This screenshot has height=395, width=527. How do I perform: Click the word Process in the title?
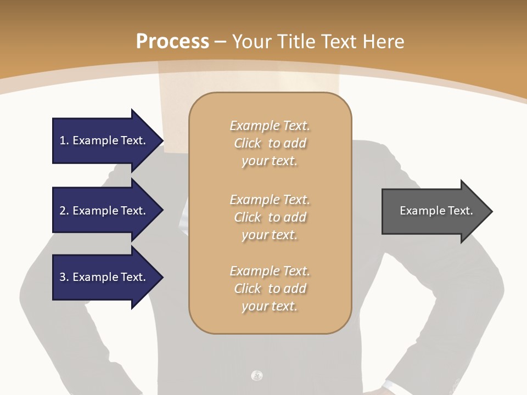(172, 42)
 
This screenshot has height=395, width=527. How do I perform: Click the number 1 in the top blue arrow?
(63, 140)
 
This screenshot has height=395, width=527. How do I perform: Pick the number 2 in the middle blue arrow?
(63, 211)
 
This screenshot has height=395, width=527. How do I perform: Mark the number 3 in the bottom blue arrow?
(63, 277)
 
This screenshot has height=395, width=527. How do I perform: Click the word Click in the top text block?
(248, 143)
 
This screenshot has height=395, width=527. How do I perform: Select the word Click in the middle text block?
(248, 217)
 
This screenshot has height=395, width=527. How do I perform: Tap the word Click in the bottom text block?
(248, 289)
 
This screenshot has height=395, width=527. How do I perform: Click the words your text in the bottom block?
(270, 306)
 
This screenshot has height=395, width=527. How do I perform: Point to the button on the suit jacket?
(256, 376)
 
